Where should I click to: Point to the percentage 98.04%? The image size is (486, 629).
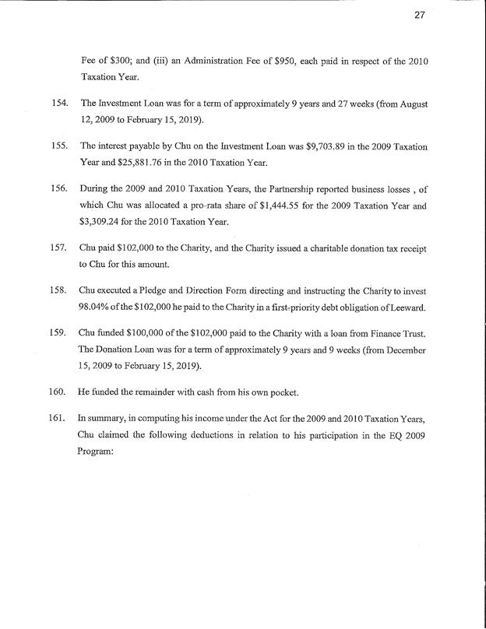click(x=97, y=305)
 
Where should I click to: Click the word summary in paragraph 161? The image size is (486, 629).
click(x=106, y=420)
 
